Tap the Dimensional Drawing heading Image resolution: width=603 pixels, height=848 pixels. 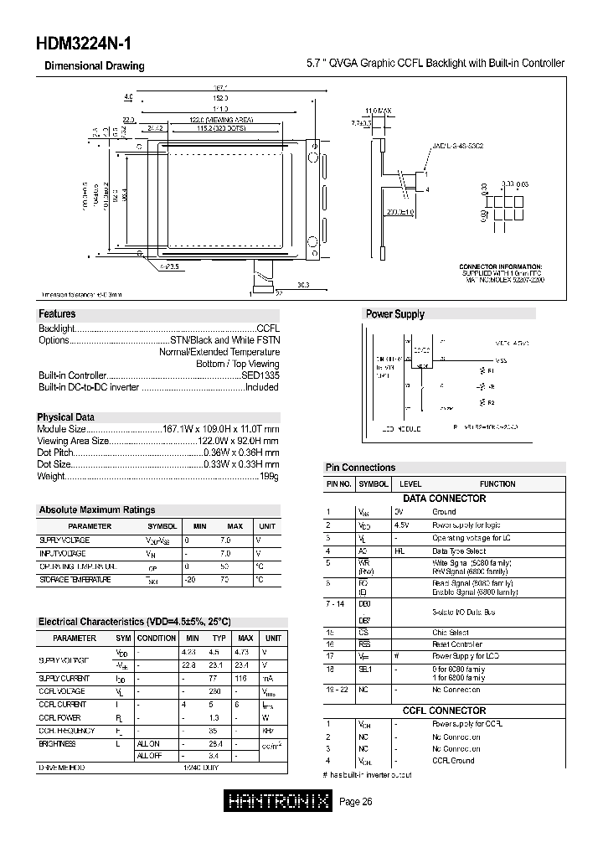(94, 66)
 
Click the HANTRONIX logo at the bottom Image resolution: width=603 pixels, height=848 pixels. (280, 802)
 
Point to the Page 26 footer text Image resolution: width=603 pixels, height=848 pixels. (356, 802)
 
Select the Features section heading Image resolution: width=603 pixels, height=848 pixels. (57, 314)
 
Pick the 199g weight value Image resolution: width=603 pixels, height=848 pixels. (269, 476)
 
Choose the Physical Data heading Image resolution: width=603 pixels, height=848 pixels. (65, 417)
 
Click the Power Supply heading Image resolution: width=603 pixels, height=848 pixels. (395, 314)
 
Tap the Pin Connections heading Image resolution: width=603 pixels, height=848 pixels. (359, 468)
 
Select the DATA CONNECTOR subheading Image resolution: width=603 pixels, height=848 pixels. (445, 499)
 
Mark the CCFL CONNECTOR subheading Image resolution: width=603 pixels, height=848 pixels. (445, 711)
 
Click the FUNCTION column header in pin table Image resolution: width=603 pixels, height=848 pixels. (497, 484)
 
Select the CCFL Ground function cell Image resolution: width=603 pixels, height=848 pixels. (453, 761)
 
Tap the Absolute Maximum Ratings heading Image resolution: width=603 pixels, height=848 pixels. (96, 509)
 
